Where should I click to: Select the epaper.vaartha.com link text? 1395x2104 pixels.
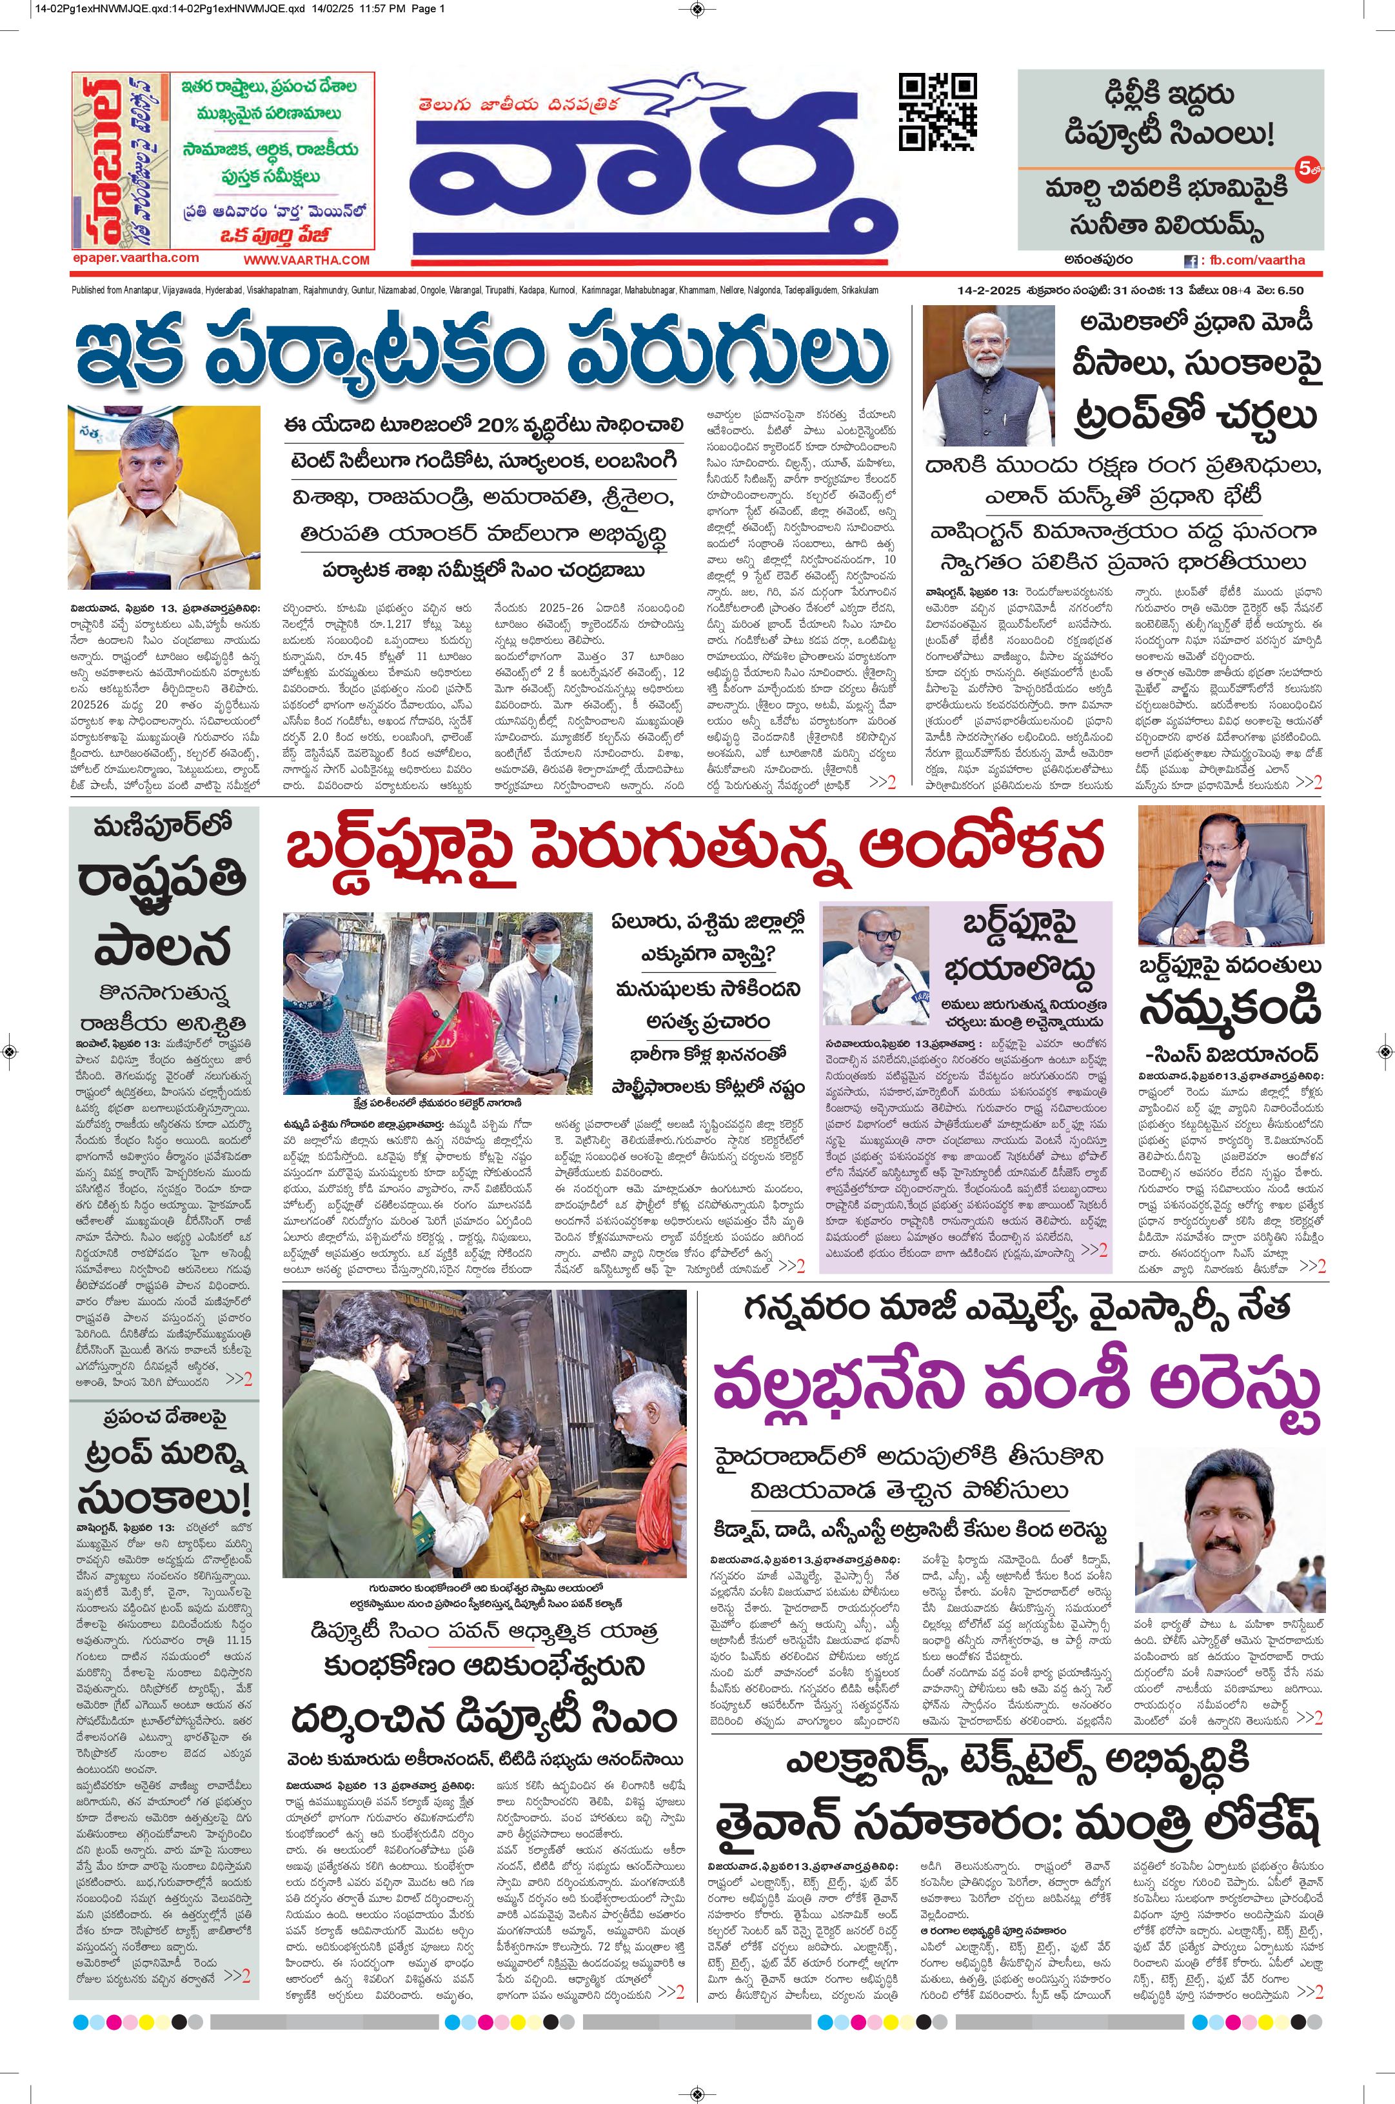[136, 257]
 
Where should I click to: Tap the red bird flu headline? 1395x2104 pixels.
[694, 849]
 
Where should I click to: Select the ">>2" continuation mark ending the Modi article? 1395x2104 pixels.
[1308, 783]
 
